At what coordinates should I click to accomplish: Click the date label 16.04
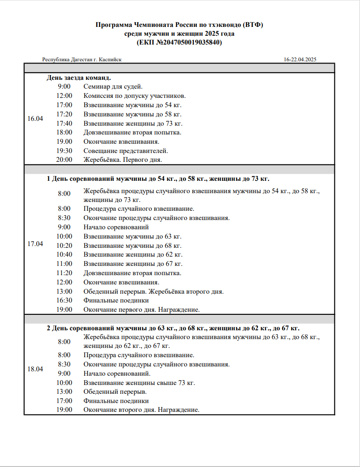35,119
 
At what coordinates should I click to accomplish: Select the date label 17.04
35,244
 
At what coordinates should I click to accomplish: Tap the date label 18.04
35,369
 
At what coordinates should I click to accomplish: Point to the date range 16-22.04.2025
300,60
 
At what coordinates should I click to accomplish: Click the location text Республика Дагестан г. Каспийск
82,60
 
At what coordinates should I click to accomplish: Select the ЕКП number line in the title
180,43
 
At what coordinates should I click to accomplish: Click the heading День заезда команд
76,78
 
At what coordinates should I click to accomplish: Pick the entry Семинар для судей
113,86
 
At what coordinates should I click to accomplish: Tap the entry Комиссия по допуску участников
135,96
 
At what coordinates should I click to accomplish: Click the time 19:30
64,151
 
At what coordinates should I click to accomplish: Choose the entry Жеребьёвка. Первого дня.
123,160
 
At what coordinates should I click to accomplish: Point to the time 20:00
64,160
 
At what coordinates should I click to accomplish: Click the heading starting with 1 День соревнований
158,179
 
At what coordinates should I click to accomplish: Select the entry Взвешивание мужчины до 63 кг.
132,236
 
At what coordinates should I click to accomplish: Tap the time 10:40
64,254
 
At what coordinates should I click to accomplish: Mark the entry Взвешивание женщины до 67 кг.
133,264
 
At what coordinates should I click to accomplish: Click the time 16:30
64,300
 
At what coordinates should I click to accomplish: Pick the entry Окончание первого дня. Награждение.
142,310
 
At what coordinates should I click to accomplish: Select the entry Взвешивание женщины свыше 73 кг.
139,383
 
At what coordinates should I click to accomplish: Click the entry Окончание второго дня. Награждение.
142,410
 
